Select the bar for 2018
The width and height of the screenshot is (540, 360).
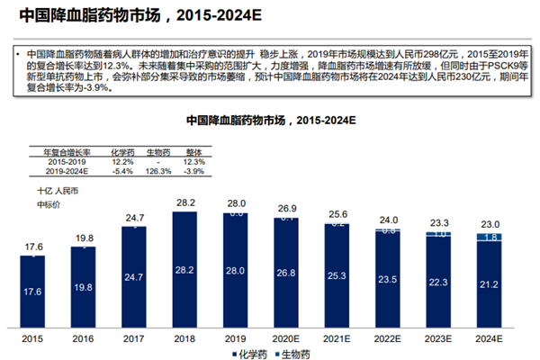tap(184, 270)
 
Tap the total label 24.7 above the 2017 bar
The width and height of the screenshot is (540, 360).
tap(133, 218)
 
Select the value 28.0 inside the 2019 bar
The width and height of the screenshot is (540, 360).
tap(236, 271)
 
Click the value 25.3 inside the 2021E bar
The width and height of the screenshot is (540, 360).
tap(337, 276)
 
